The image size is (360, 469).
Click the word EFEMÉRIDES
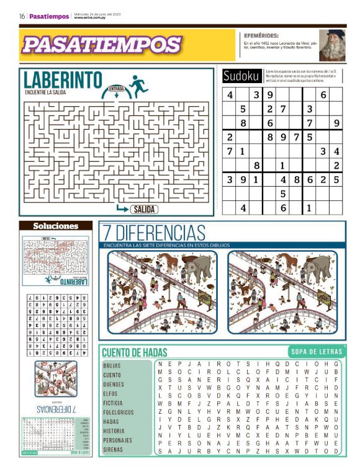coord(261,35)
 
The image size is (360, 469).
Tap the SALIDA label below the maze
coord(143,210)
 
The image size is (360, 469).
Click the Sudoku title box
coord(241,76)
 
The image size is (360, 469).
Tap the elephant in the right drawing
coord(318,272)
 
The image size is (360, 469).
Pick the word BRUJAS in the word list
coord(112,366)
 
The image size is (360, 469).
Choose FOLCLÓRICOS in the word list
coord(118,412)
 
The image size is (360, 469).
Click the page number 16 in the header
coord(22,16)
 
